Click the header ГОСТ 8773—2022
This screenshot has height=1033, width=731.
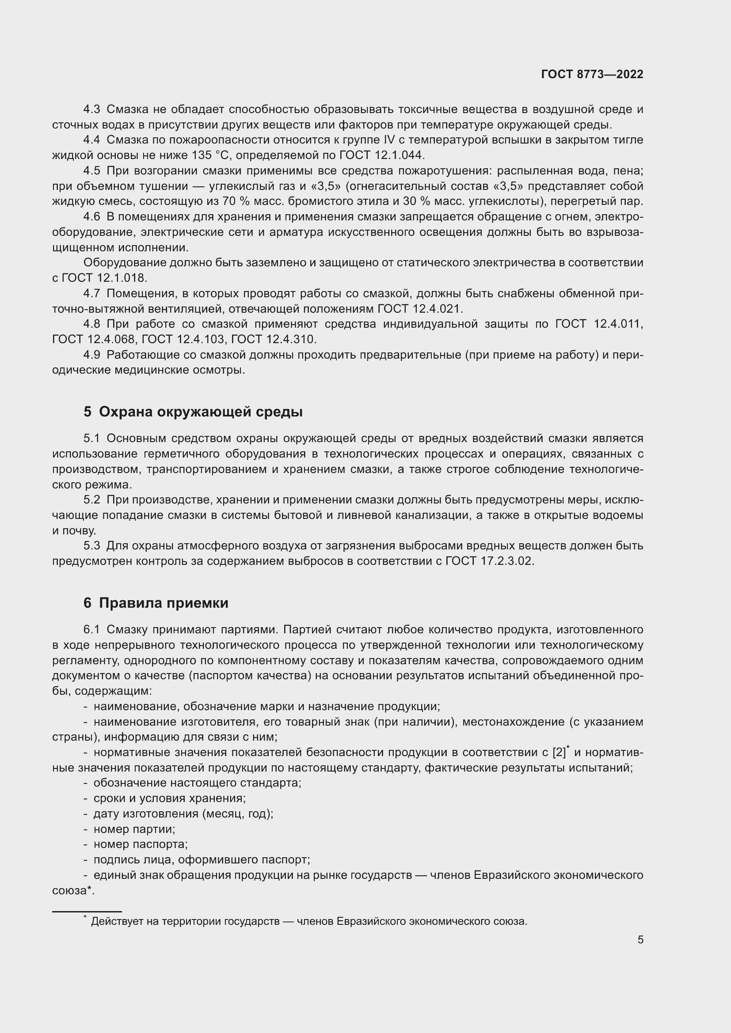[592, 74]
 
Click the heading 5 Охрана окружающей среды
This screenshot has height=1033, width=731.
[193, 412]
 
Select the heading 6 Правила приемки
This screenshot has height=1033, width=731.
[156, 603]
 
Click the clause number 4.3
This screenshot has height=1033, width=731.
[92, 110]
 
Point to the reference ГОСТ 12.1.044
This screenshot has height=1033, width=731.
[381, 155]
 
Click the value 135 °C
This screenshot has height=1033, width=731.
[211, 155]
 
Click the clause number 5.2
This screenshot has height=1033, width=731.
[92, 500]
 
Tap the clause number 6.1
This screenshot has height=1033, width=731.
[92, 629]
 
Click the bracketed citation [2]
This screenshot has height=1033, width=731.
[559, 752]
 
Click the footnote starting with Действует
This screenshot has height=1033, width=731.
[309, 921]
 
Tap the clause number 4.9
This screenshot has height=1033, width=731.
[92, 355]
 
